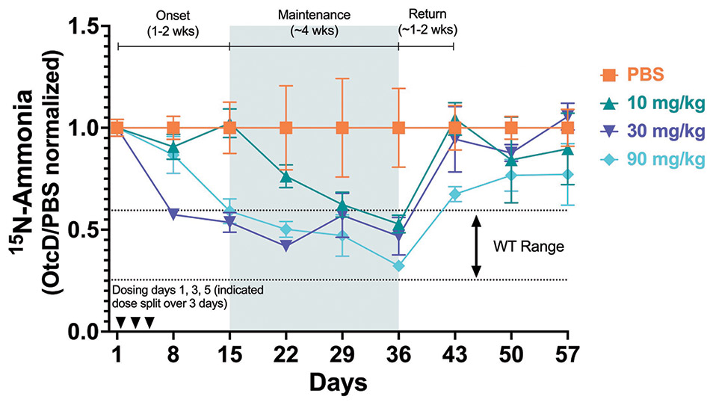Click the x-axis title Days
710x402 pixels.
340,383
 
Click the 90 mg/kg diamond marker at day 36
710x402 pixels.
399,266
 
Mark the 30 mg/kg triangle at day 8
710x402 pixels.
173,214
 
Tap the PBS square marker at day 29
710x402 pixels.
342,128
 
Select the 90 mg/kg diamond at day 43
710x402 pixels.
455,194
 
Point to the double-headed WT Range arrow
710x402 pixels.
475,245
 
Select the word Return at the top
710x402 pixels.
427,13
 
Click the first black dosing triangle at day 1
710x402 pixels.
120,322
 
